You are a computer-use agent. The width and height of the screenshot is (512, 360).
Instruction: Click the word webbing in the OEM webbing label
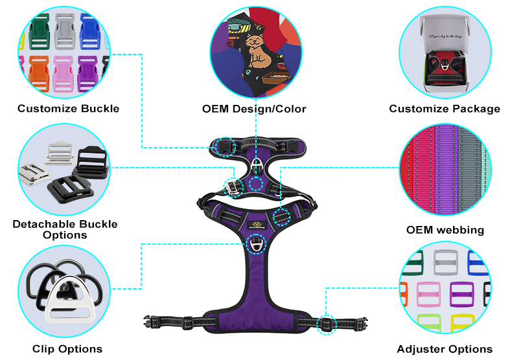click(459, 230)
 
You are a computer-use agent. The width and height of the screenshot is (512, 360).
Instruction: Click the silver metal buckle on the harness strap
click(232, 186)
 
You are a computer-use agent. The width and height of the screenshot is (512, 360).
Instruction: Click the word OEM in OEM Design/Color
click(217, 109)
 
